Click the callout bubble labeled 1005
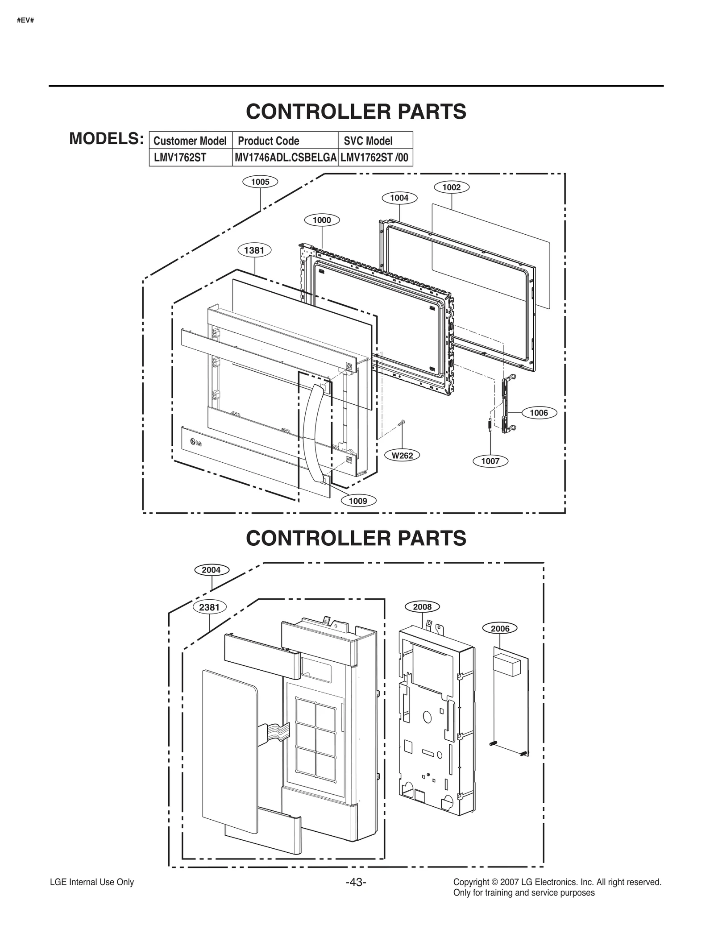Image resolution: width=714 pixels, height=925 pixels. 260,182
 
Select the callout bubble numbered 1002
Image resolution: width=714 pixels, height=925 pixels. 451,187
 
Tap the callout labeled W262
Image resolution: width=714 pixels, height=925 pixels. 402,456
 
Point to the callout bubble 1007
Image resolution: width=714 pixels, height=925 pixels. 490,461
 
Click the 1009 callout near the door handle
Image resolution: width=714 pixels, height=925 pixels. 358,501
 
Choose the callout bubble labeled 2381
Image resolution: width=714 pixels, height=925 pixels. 209,607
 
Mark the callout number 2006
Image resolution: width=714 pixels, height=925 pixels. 500,629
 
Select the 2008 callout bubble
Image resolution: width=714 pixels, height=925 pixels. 422,607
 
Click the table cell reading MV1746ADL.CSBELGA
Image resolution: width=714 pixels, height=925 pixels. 285,158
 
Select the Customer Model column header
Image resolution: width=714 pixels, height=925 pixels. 190,141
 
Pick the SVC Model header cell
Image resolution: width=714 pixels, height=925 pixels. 368,141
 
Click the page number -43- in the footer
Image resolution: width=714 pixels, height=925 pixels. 356,883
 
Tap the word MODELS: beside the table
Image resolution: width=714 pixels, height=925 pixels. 106,139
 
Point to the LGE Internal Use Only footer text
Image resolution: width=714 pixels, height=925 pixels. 92,882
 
